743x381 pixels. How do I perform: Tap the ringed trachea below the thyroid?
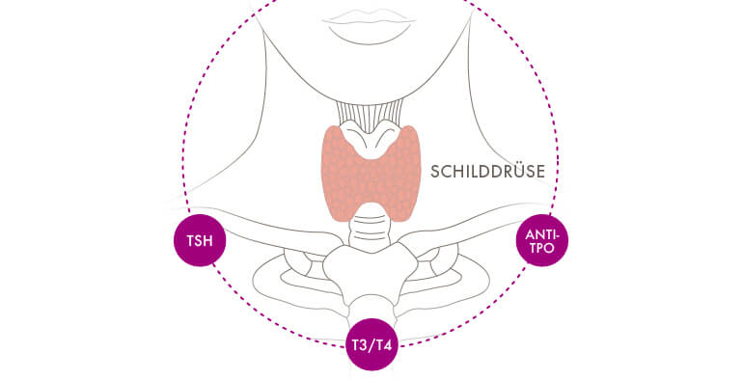[371, 232]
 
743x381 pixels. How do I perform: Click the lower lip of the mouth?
[371, 32]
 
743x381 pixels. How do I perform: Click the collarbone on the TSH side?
[280, 236]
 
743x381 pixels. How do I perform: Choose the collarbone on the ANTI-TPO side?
[463, 236]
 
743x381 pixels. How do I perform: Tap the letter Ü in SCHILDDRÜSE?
[520, 172]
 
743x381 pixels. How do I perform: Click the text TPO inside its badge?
[543, 248]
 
